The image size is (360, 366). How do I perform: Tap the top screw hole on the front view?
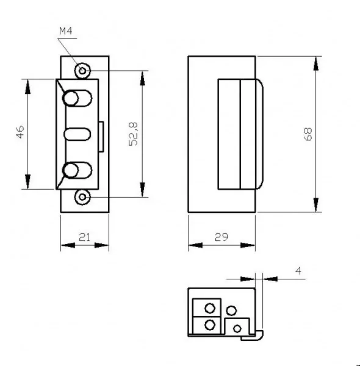point(82,70)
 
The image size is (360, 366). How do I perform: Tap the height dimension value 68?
point(308,134)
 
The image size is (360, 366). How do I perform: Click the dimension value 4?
point(297,270)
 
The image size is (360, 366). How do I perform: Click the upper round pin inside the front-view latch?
point(73,98)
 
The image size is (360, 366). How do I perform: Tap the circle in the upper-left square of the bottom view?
point(209,307)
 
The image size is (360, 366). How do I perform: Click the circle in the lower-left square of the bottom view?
point(209,325)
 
